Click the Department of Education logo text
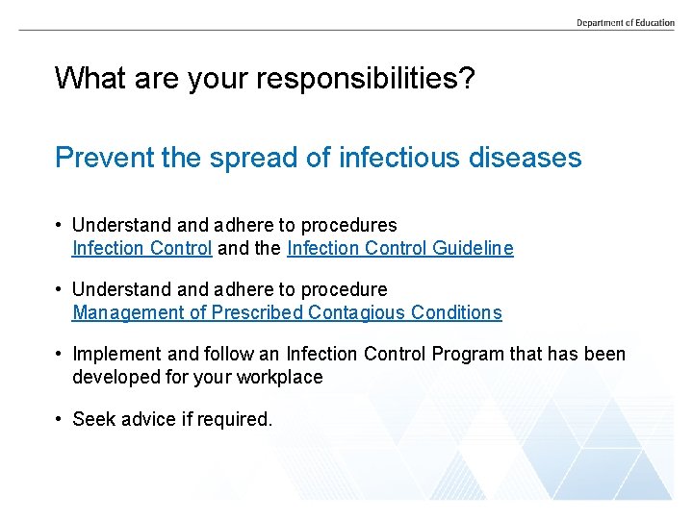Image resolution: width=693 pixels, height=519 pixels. coord(626,22)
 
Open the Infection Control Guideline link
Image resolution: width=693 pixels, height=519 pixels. coord(399,248)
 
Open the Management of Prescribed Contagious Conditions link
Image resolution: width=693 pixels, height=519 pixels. coord(287,312)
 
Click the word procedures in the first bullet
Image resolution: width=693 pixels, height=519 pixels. coord(348,225)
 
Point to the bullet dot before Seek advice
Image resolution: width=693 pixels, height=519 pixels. coord(60,419)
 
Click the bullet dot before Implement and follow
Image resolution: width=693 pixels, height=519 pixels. coord(60,355)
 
